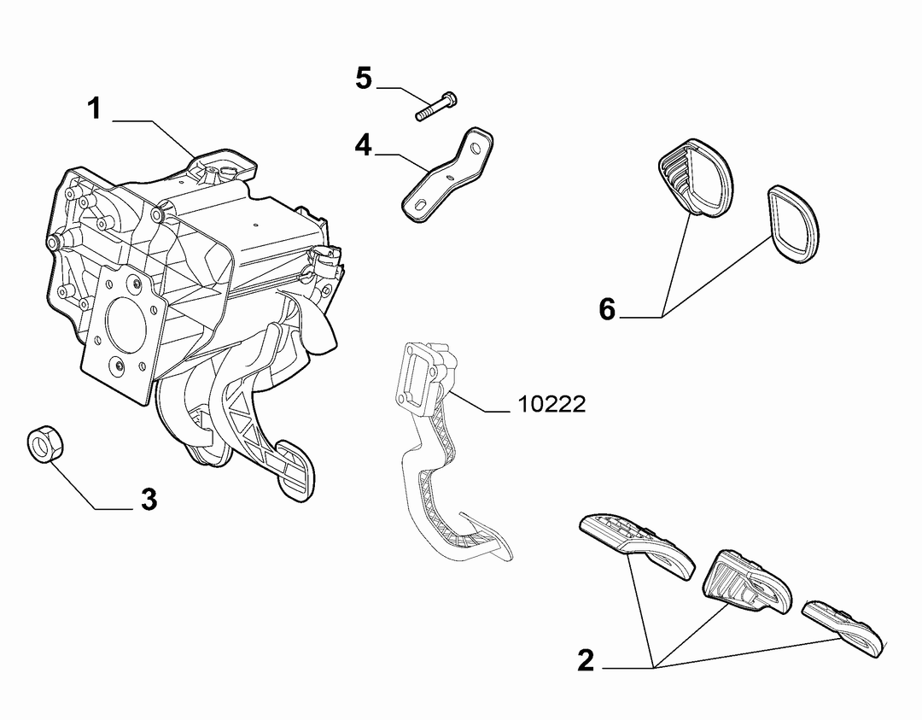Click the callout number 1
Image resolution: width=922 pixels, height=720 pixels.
[94, 108]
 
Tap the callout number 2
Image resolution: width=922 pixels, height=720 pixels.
[586, 660]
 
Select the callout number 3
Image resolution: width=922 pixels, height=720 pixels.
[149, 500]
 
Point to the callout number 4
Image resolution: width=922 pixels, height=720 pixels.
[364, 144]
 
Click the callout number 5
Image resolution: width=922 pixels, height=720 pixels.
[364, 79]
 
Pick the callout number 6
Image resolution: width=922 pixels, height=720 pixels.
[608, 309]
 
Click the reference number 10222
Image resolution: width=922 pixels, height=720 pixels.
[551, 404]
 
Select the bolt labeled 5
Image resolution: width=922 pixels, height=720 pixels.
[436, 107]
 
